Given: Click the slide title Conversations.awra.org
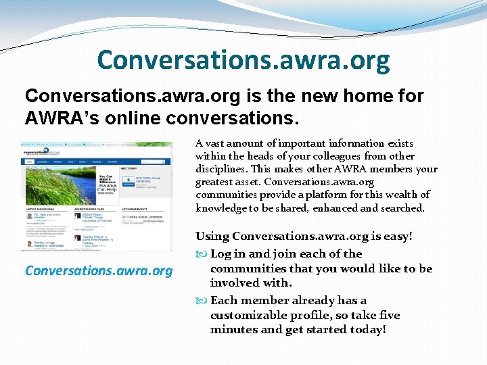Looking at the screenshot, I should (243, 60).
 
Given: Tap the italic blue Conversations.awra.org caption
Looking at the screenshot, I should (99, 270).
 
